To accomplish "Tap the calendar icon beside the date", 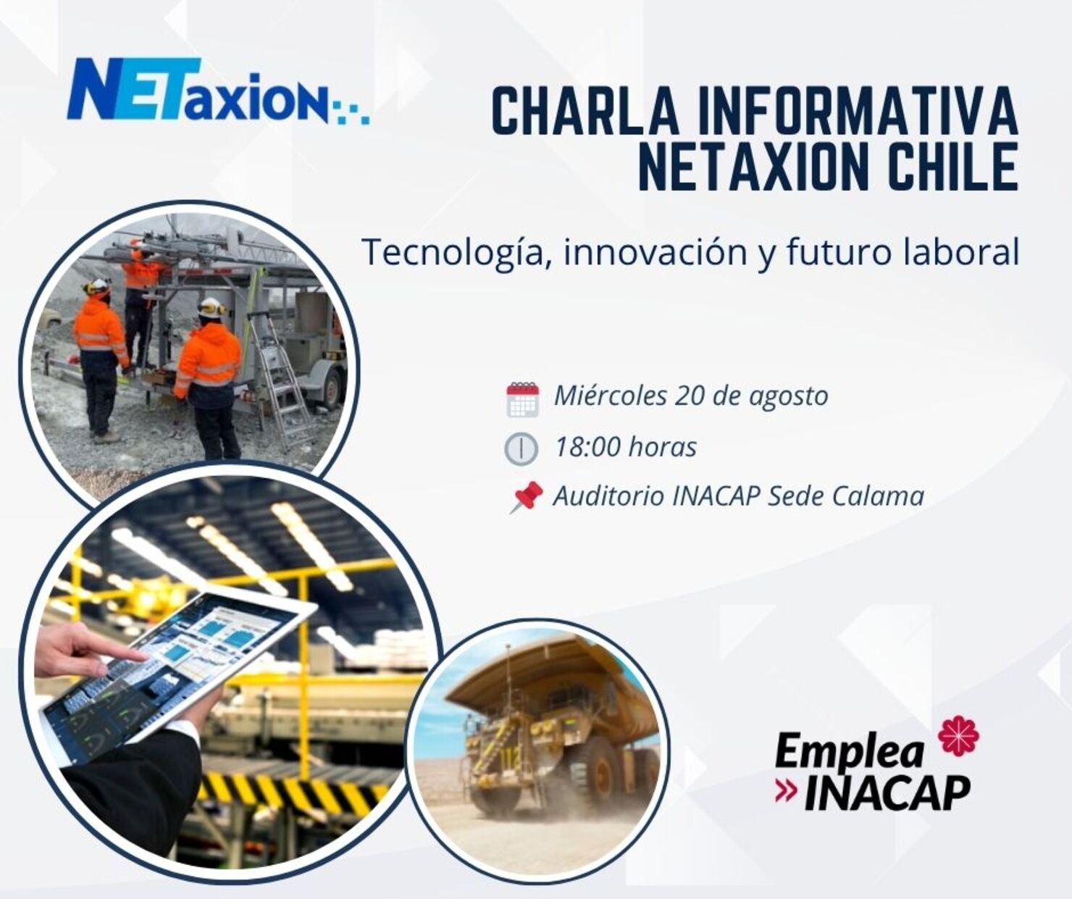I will pyautogui.click(x=522, y=398).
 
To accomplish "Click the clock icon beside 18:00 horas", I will pyautogui.click(x=521, y=448).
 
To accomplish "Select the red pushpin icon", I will pyautogui.click(x=527, y=497).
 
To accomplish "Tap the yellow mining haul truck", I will pyautogui.click(x=550, y=732).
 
